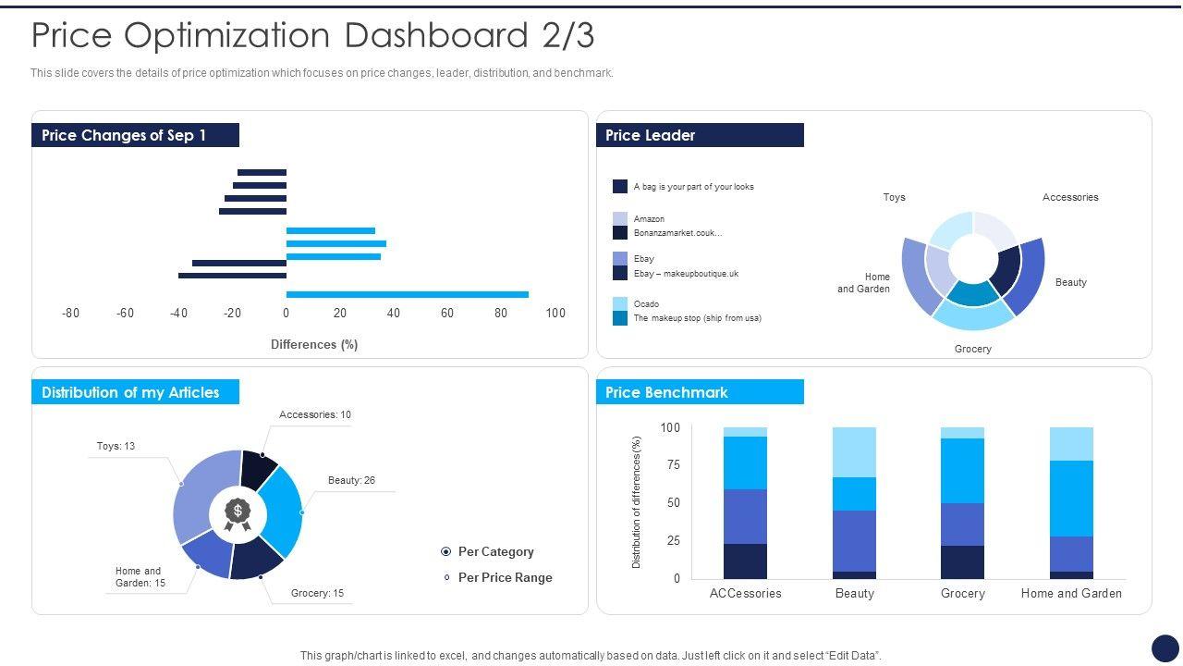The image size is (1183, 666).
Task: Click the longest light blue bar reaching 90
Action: tap(407, 295)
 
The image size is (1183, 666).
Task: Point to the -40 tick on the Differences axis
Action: tap(179, 314)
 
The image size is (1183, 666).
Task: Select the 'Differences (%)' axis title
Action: tap(314, 344)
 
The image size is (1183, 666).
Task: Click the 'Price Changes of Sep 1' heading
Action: tap(124, 135)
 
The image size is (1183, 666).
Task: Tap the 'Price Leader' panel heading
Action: tap(650, 135)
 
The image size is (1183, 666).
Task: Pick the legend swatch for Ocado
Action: tap(620, 303)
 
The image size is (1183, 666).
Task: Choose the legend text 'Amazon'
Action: tap(649, 219)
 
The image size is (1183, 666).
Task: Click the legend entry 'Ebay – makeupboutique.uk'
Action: tap(686, 274)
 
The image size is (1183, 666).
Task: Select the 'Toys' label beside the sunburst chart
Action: tap(894, 197)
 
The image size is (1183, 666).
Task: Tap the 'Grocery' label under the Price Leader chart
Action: tap(972, 349)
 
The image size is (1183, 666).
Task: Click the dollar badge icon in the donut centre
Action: tap(238, 514)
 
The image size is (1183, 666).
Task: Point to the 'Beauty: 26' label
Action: tap(351, 480)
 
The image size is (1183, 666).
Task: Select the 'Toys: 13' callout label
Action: tap(116, 446)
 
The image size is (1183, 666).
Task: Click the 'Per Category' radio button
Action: tap(446, 552)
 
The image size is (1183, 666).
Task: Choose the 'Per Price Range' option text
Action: tap(505, 577)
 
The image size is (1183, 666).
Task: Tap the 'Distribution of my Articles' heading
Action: tap(130, 392)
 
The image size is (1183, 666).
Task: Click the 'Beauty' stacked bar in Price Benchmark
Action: tap(854, 503)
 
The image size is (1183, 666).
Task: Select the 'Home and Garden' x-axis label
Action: tap(1071, 593)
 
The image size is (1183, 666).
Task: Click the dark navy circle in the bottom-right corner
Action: tap(1165, 647)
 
